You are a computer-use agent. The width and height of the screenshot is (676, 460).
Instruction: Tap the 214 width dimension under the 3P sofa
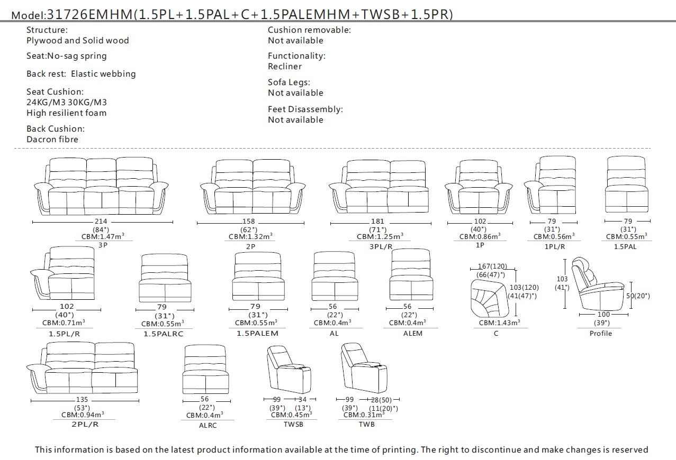tap(101, 222)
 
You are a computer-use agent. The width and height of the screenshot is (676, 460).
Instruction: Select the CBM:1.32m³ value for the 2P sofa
tap(250, 237)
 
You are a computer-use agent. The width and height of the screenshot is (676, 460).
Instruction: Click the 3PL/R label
tap(381, 246)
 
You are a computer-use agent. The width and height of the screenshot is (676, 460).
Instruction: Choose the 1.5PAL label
tap(625, 246)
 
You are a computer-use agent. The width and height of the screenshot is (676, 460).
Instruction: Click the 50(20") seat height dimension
tap(638, 296)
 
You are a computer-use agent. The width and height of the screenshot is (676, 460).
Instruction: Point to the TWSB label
tap(293, 424)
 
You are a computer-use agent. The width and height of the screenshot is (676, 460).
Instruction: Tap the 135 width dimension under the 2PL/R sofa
tap(82, 400)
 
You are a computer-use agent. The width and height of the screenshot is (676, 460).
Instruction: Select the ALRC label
tap(208, 425)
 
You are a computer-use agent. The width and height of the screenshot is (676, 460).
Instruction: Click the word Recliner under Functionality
tap(285, 67)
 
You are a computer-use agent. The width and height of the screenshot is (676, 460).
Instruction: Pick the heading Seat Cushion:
tap(55, 92)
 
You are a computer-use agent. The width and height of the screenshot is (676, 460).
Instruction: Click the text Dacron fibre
tap(52, 140)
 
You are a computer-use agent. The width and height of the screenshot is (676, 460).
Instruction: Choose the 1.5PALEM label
tap(257, 333)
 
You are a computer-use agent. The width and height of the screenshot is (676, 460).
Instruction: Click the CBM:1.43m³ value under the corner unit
tap(499, 323)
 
